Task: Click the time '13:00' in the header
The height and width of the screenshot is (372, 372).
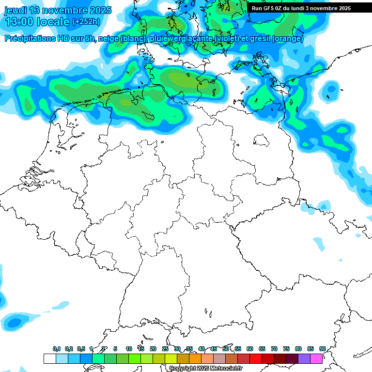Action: coord(19,22)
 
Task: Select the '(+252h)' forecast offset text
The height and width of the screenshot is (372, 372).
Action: coord(86,22)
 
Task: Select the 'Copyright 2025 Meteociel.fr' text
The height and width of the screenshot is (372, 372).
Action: coord(205,368)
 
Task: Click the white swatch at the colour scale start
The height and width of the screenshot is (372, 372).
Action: coord(49,358)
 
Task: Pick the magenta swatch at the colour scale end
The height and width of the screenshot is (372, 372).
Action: coord(316,358)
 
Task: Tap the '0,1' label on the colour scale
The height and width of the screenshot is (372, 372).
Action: coord(57,349)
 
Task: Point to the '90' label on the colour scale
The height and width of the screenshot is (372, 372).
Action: coord(323,349)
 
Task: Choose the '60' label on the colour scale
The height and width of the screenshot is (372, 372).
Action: coord(250,349)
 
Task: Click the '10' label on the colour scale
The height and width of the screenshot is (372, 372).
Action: coord(129,349)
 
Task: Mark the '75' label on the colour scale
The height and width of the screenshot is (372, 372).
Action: coord(286,349)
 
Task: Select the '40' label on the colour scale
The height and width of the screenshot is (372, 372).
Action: coord(201,349)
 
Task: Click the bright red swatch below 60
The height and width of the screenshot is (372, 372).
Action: coord(256,358)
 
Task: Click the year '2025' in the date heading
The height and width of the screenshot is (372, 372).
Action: coord(99,10)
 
